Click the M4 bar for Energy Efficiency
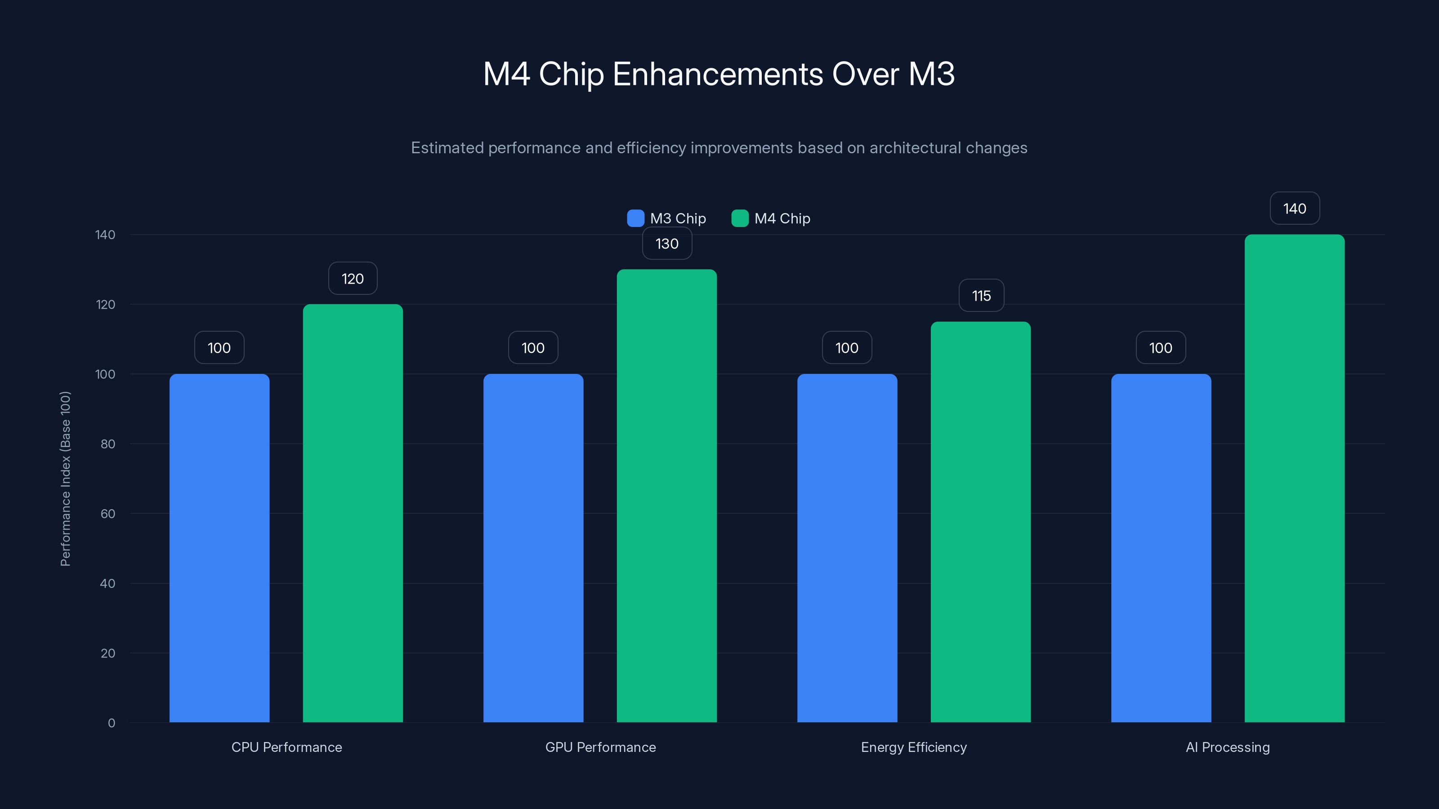click(980, 521)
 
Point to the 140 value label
click(1294, 209)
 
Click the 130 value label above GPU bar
click(667, 244)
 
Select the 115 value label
click(981, 296)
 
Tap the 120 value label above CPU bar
click(353, 279)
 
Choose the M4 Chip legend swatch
click(740, 218)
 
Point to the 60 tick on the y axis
click(108, 514)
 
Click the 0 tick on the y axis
click(112, 723)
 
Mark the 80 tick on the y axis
click(108, 444)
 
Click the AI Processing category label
click(1227, 747)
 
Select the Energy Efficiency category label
click(913, 747)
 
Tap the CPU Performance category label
click(286, 747)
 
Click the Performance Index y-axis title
click(65, 479)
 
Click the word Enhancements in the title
click(717, 74)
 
